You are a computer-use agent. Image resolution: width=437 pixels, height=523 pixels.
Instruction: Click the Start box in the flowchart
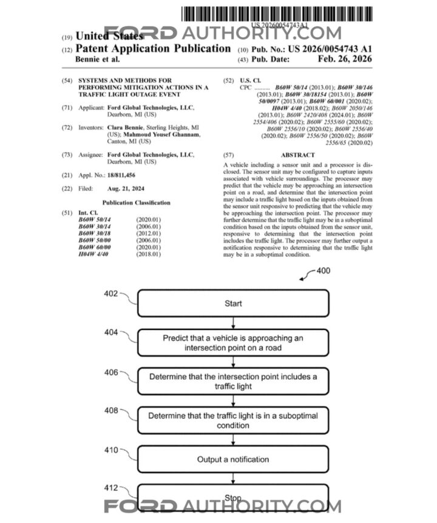(x=233, y=303)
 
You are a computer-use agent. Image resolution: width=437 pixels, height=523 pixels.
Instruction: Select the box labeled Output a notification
(x=233, y=459)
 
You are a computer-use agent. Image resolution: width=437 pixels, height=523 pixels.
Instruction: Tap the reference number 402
(x=111, y=294)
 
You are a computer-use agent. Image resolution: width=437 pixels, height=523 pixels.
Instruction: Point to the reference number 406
(x=111, y=373)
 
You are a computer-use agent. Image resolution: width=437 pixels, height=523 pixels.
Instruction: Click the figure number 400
(x=324, y=271)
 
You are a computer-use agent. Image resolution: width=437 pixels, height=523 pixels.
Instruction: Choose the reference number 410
(x=111, y=451)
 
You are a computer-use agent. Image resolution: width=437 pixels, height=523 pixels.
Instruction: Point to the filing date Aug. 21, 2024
(x=126, y=189)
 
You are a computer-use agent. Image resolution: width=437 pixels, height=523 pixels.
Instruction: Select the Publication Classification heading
(x=136, y=203)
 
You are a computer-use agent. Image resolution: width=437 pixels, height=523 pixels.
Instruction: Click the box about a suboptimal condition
(x=233, y=420)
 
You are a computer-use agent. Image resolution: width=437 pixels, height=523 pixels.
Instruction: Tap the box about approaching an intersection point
(x=233, y=342)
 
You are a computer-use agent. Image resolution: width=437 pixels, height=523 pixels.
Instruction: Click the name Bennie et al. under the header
(x=97, y=59)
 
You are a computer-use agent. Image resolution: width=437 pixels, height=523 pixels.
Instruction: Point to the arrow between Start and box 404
(x=233, y=323)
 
